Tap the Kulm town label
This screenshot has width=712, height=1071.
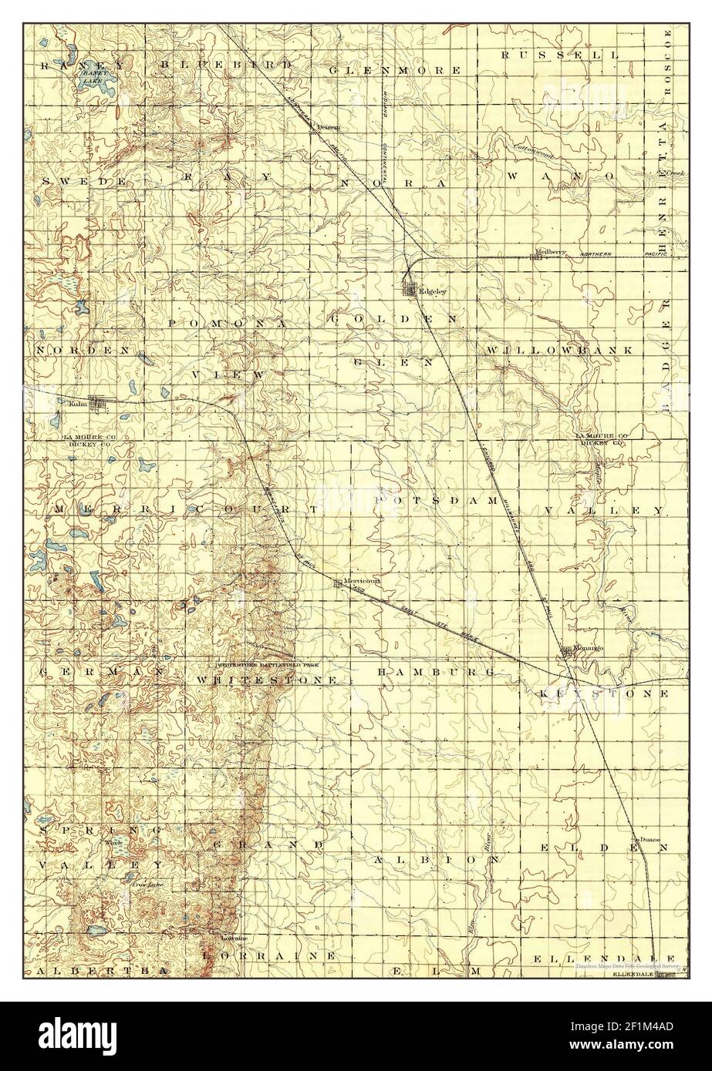point(76,402)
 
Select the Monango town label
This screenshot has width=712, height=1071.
point(586,648)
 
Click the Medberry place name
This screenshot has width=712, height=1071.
point(551,251)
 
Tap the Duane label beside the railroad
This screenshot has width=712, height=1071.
point(646,839)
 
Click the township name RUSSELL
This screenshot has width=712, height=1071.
point(559,55)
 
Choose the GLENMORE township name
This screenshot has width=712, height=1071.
point(394,69)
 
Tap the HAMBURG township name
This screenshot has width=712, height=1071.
point(436,673)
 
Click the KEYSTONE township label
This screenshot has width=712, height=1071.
point(601,693)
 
